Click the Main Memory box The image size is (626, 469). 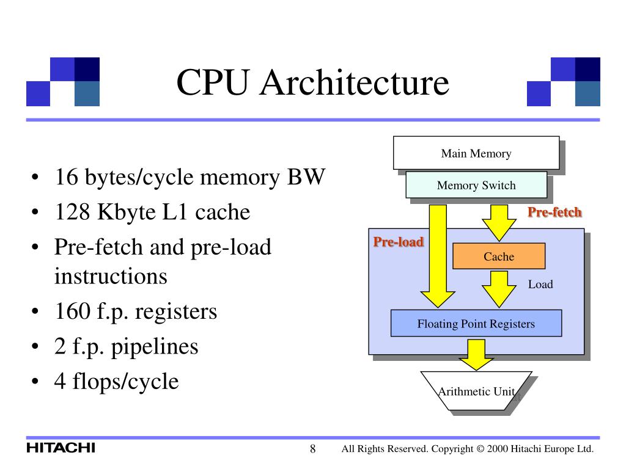tap(476, 153)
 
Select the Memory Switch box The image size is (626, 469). tap(476, 185)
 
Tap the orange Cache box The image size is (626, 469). tap(499, 256)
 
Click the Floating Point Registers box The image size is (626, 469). tap(476, 323)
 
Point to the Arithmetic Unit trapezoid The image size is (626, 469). tap(476, 391)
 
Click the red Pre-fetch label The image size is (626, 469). tap(554, 212)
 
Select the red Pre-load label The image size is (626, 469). tap(399, 242)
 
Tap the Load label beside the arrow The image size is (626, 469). tap(540, 285)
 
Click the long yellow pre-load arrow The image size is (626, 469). tap(438, 256)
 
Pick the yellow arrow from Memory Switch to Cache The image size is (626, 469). tap(499, 223)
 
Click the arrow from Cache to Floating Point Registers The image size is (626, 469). tap(499, 289)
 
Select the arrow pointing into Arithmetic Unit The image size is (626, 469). tap(476, 355)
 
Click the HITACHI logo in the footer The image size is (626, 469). tap(61, 448)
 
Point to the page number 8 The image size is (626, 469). tap(312, 449)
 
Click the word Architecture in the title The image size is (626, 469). tap(355, 82)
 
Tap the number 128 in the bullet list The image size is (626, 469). tap(72, 212)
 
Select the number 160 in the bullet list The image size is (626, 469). tap(72, 311)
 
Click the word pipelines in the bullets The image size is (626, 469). tap(155, 347)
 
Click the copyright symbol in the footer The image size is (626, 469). tap(481, 449)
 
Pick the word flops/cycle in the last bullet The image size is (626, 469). tap(125, 382)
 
